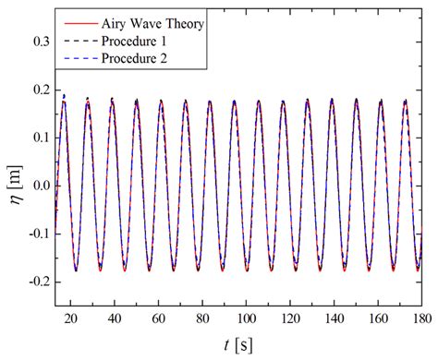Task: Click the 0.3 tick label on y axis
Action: pyautogui.click(x=38, y=42)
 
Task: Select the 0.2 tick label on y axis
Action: pyautogui.click(x=38, y=90)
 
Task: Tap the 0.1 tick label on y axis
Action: pyautogui.click(x=38, y=138)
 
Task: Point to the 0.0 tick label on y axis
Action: pyautogui.click(x=38, y=186)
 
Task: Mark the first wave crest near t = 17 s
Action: pyautogui.click(x=64, y=96)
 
